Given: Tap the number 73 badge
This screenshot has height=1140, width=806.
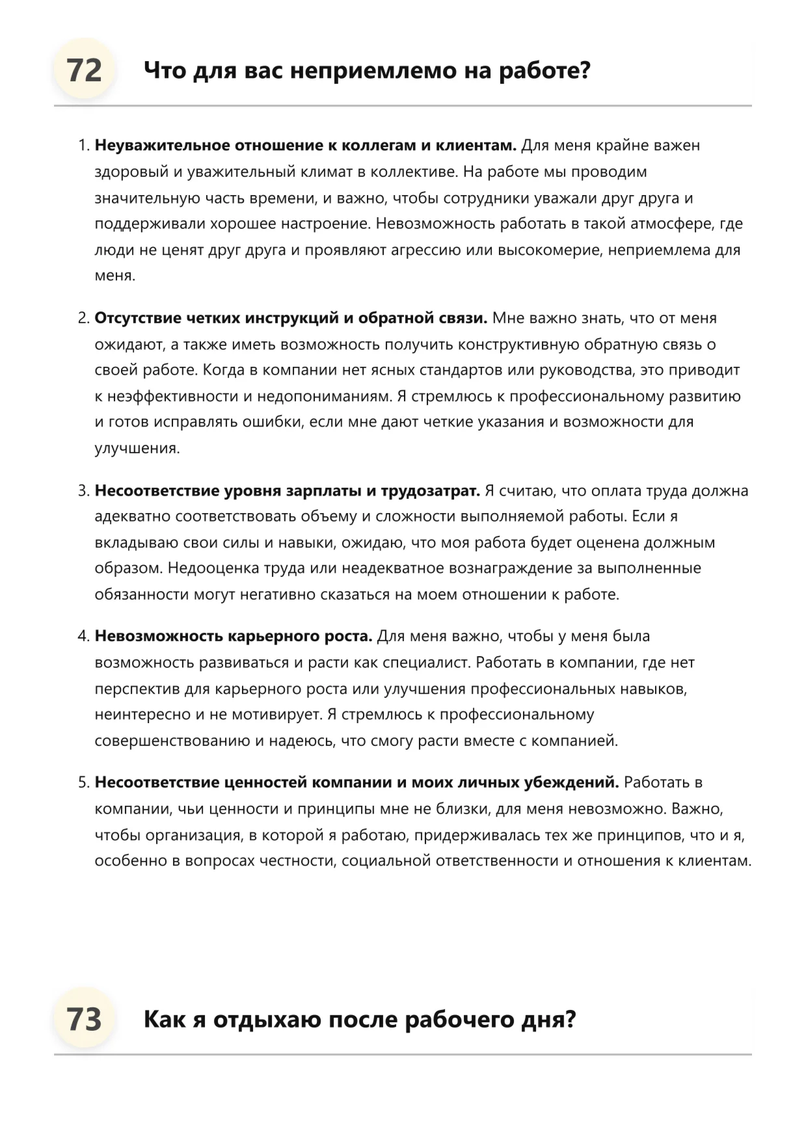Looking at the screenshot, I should tap(85, 1019).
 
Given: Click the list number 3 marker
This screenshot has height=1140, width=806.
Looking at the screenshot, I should tap(83, 490).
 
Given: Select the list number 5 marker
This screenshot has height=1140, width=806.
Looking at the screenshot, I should tap(83, 782).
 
